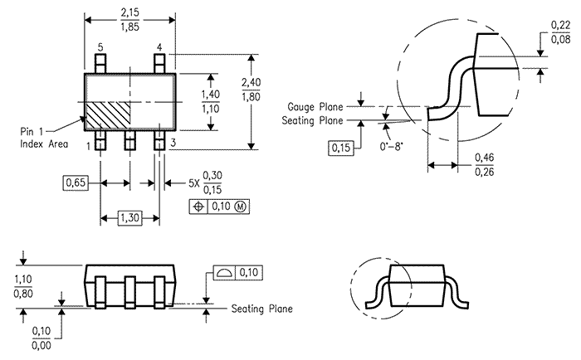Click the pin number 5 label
point(100,47)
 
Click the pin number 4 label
point(159,47)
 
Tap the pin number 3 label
point(173,143)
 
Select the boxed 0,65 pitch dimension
point(76,183)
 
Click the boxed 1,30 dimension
point(129,218)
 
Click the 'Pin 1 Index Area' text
point(44,138)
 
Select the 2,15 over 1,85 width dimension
point(129,20)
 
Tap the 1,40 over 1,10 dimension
point(211,101)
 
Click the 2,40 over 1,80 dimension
point(251,90)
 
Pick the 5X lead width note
point(205,182)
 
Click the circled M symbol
point(241,207)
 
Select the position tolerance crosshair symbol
point(198,207)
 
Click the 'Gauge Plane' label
point(315,107)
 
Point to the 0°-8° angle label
point(391,147)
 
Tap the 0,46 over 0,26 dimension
point(484,164)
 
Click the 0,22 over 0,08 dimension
point(560,32)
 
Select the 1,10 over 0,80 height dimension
point(23,286)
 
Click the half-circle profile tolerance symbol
point(224,274)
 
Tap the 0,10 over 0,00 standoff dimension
point(41,338)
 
